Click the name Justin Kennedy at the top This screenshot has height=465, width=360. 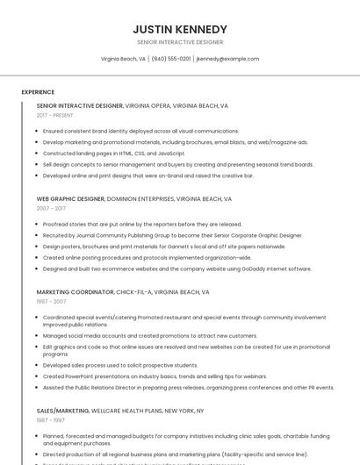pos(180,29)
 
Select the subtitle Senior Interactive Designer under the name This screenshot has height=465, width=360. pos(180,42)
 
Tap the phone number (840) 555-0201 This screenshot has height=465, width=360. pos(170,59)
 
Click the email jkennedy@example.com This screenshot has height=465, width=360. pos(227,59)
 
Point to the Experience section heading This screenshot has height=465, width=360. pos(38,92)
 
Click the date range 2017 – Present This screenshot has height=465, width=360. pos(55,115)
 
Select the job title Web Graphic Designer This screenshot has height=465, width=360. pos(70,199)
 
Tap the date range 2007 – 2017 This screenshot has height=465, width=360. pos(51,209)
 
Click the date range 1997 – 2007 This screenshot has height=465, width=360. pos(51,302)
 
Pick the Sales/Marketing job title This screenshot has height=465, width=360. pos(63,411)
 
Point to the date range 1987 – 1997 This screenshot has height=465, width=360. pos(51,420)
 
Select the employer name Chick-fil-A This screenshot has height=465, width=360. pos(135,292)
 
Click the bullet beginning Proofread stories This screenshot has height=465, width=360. pos(141,224)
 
